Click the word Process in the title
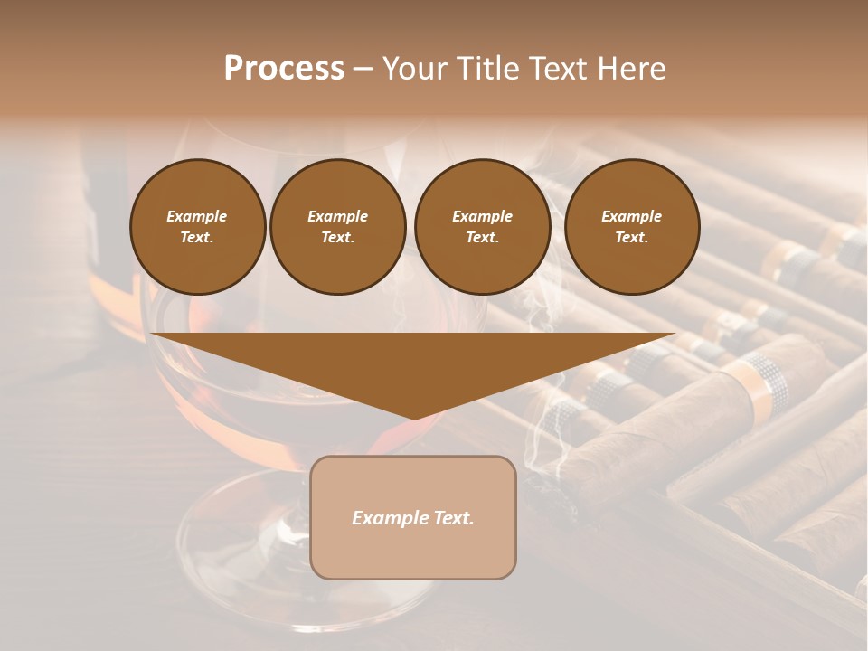tap(284, 69)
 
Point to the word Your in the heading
tap(415, 69)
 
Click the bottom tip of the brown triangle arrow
tap(414, 417)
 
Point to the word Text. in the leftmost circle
tap(197, 237)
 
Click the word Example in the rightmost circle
tap(632, 216)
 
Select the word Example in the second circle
tap(337, 216)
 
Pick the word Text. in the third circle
tap(482, 237)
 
